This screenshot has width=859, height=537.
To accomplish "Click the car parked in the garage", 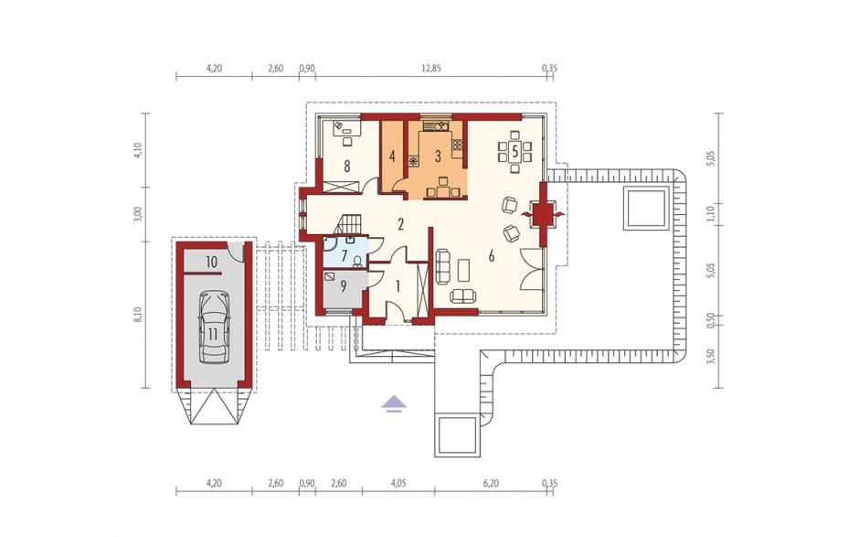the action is click(x=213, y=328).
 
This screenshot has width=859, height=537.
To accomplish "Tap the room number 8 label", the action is click(x=346, y=166).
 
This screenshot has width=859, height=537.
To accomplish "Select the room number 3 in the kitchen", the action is click(x=438, y=156).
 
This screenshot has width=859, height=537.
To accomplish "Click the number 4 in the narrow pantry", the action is click(x=392, y=156).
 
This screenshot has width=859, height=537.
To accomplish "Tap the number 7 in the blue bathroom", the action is click(x=344, y=255).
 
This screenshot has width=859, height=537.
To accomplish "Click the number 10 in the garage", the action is click(x=211, y=263).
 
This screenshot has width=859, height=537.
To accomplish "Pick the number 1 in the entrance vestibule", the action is click(x=398, y=285).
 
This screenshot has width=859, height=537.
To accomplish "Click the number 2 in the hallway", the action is click(x=401, y=224).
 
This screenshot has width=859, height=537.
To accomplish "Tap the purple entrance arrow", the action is click(x=395, y=403).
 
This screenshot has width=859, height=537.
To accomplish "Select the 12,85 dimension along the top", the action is click(x=430, y=69).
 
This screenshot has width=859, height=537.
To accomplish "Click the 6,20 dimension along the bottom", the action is click(x=491, y=483).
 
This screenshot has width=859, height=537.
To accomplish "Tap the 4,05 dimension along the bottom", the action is click(x=398, y=483).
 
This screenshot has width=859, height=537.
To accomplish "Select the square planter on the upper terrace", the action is click(x=646, y=208).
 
